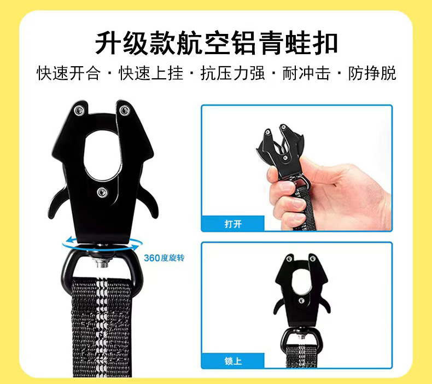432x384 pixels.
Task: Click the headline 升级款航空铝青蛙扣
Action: pyautogui.click(x=217, y=43)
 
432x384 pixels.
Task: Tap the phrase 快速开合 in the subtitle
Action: pyautogui.click(x=68, y=73)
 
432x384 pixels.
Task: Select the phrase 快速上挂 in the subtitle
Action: pyautogui.click(x=151, y=73)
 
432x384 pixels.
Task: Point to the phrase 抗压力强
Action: pyautogui.click(x=232, y=73)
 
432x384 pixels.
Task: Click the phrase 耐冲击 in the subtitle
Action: pyautogui.click(x=306, y=73)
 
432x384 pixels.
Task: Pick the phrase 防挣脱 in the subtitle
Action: pyautogui.click(x=372, y=73)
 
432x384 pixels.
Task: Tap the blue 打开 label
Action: pyautogui.click(x=233, y=224)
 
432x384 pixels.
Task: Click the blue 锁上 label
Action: pyautogui.click(x=233, y=360)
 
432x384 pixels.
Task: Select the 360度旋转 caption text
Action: pyautogui.click(x=164, y=258)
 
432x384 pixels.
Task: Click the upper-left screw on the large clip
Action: pyautogui.click(x=79, y=110)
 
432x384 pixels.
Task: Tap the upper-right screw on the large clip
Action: pyautogui.click(x=124, y=110)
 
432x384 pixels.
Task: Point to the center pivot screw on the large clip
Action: pyautogui.click(x=102, y=192)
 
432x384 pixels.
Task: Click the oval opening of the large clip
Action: pyautogui.click(x=102, y=156)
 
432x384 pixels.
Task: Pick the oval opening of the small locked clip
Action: pyautogui.click(x=301, y=281)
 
